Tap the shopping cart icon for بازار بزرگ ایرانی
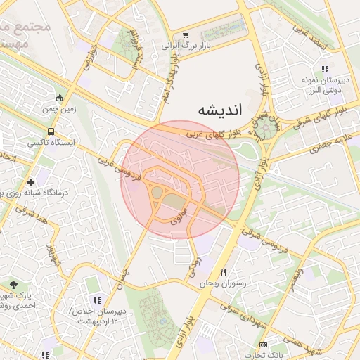(x=186, y=34)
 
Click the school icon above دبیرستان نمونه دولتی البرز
(x=324, y=69)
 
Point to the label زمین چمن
(x=61, y=110)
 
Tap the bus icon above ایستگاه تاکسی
(x=51, y=131)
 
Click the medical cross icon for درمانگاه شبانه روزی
(x=30, y=182)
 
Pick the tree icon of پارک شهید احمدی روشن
(x=14, y=285)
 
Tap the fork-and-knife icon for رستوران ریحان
(x=224, y=272)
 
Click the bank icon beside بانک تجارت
(x=263, y=345)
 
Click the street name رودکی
(x=194, y=266)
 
